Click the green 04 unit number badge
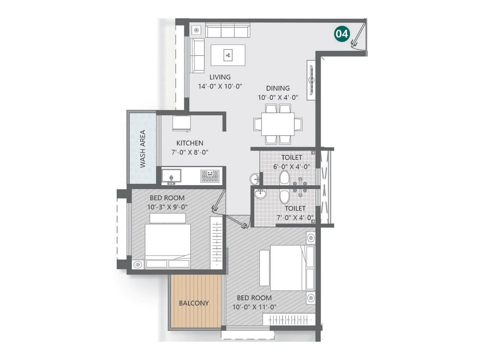pos(342,34)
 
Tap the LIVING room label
pos(220,77)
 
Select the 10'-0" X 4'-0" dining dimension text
pos(278,97)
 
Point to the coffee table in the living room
pos(228,55)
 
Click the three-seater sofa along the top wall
pos(228,30)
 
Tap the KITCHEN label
pos(190,143)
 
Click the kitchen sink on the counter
pos(171,176)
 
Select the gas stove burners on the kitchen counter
pos(210,176)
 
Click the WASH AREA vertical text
pos(142,149)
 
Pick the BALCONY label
pos(194,303)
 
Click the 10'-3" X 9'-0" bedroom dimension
pos(167,207)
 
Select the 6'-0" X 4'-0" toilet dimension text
pos(291,166)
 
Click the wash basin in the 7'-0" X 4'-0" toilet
pos(260,194)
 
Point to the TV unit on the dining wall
pos(311,80)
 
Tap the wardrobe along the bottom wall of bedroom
pos(289,320)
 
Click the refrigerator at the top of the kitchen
pos(181,123)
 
